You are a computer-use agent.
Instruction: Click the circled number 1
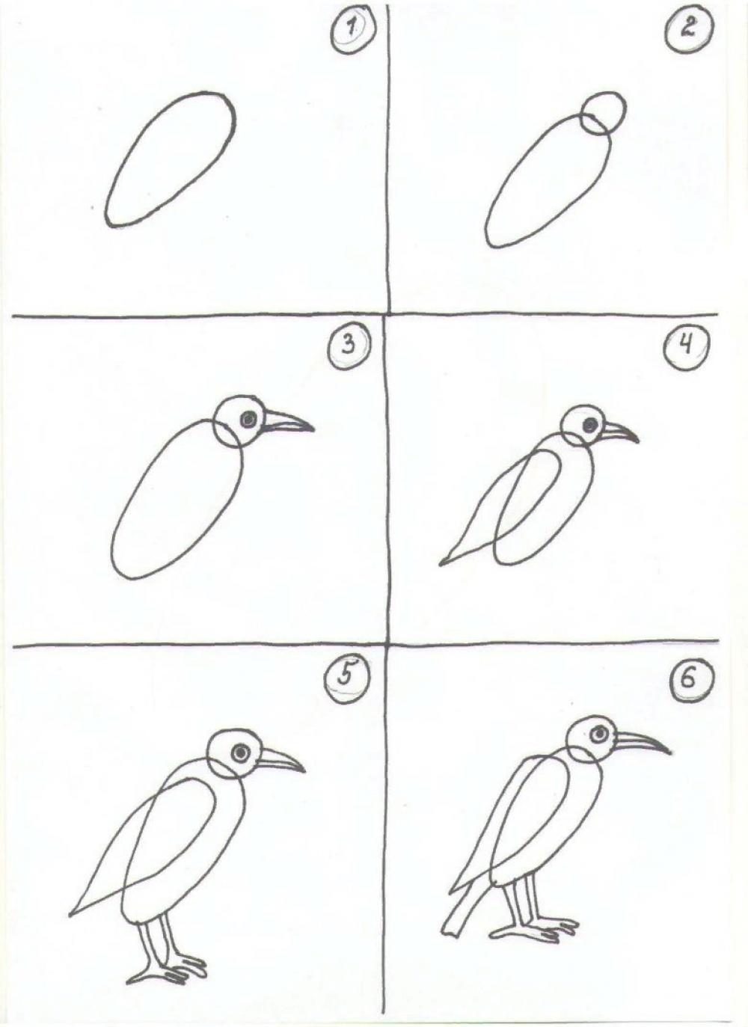[x=353, y=33]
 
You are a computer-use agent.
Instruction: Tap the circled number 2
[x=689, y=31]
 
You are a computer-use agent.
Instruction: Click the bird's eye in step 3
[x=248, y=420]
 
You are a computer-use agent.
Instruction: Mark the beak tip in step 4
[x=638, y=442]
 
